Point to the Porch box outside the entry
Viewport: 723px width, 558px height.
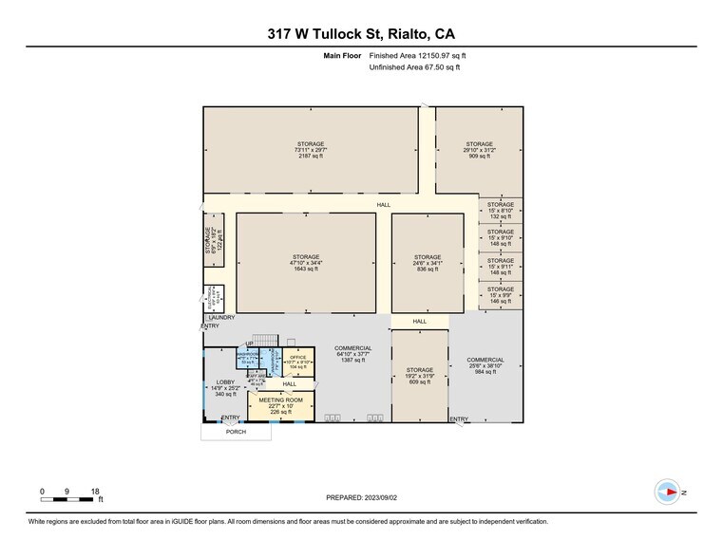(x=236, y=432)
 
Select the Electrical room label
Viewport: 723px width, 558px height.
(x=215, y=297)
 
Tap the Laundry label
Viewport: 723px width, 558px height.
(x=220, y=318)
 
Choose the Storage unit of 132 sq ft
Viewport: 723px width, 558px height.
(x=501, y=210)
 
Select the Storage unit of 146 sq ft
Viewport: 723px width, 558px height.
(x=501, y=294)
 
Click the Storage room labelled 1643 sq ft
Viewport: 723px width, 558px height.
(x=306, y=263)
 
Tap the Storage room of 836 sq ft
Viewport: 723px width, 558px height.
(x=428, y=263)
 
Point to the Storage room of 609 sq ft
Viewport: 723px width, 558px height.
(x=420, y=375)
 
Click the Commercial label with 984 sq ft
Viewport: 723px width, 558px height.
(x=485, y=365)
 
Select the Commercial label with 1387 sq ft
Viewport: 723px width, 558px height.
(x=352, y=355)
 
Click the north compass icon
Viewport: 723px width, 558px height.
(x=668, y=492)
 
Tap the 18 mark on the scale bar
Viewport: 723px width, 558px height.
(x=95, y=491)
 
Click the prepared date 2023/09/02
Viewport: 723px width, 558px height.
(x=360, y=497)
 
